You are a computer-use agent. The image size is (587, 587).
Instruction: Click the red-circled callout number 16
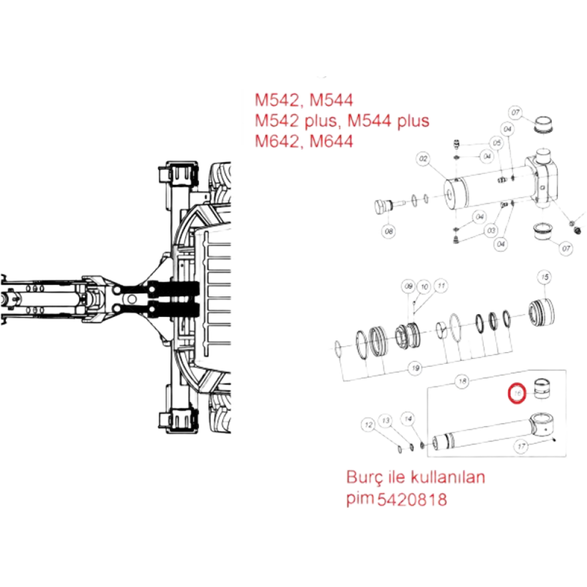coord(517,393)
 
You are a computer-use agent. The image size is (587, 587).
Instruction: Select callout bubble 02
coord(422,158)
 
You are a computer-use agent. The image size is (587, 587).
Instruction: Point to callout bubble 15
coord(544,276)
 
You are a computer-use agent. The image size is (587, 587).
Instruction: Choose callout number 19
coord(415,368)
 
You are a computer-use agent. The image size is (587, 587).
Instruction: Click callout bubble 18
coord(463,381)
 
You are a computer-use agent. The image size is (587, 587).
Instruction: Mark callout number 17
coord(519,446)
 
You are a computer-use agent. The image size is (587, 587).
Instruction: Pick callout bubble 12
coord(367,423)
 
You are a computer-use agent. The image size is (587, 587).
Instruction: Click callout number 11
coord(441,286)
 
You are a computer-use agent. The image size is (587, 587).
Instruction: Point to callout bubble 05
coord(497,143)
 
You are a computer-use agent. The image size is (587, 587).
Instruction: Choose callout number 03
coord(491,231)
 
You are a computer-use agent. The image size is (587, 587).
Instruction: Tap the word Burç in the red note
coord(362,477)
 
